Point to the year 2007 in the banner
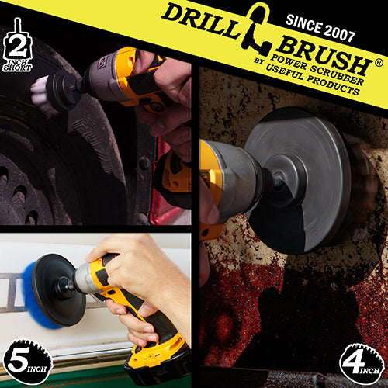(x=339, y=32)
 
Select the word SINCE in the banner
(x=303, y=24)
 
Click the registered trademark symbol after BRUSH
(x=379, y=63)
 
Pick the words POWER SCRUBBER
(x=317, y=70)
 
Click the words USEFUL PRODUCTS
(x=313, y=79)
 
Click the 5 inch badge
(x=27, y=362)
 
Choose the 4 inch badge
(x=362, y=364)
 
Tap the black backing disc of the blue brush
(x=57, y=289)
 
